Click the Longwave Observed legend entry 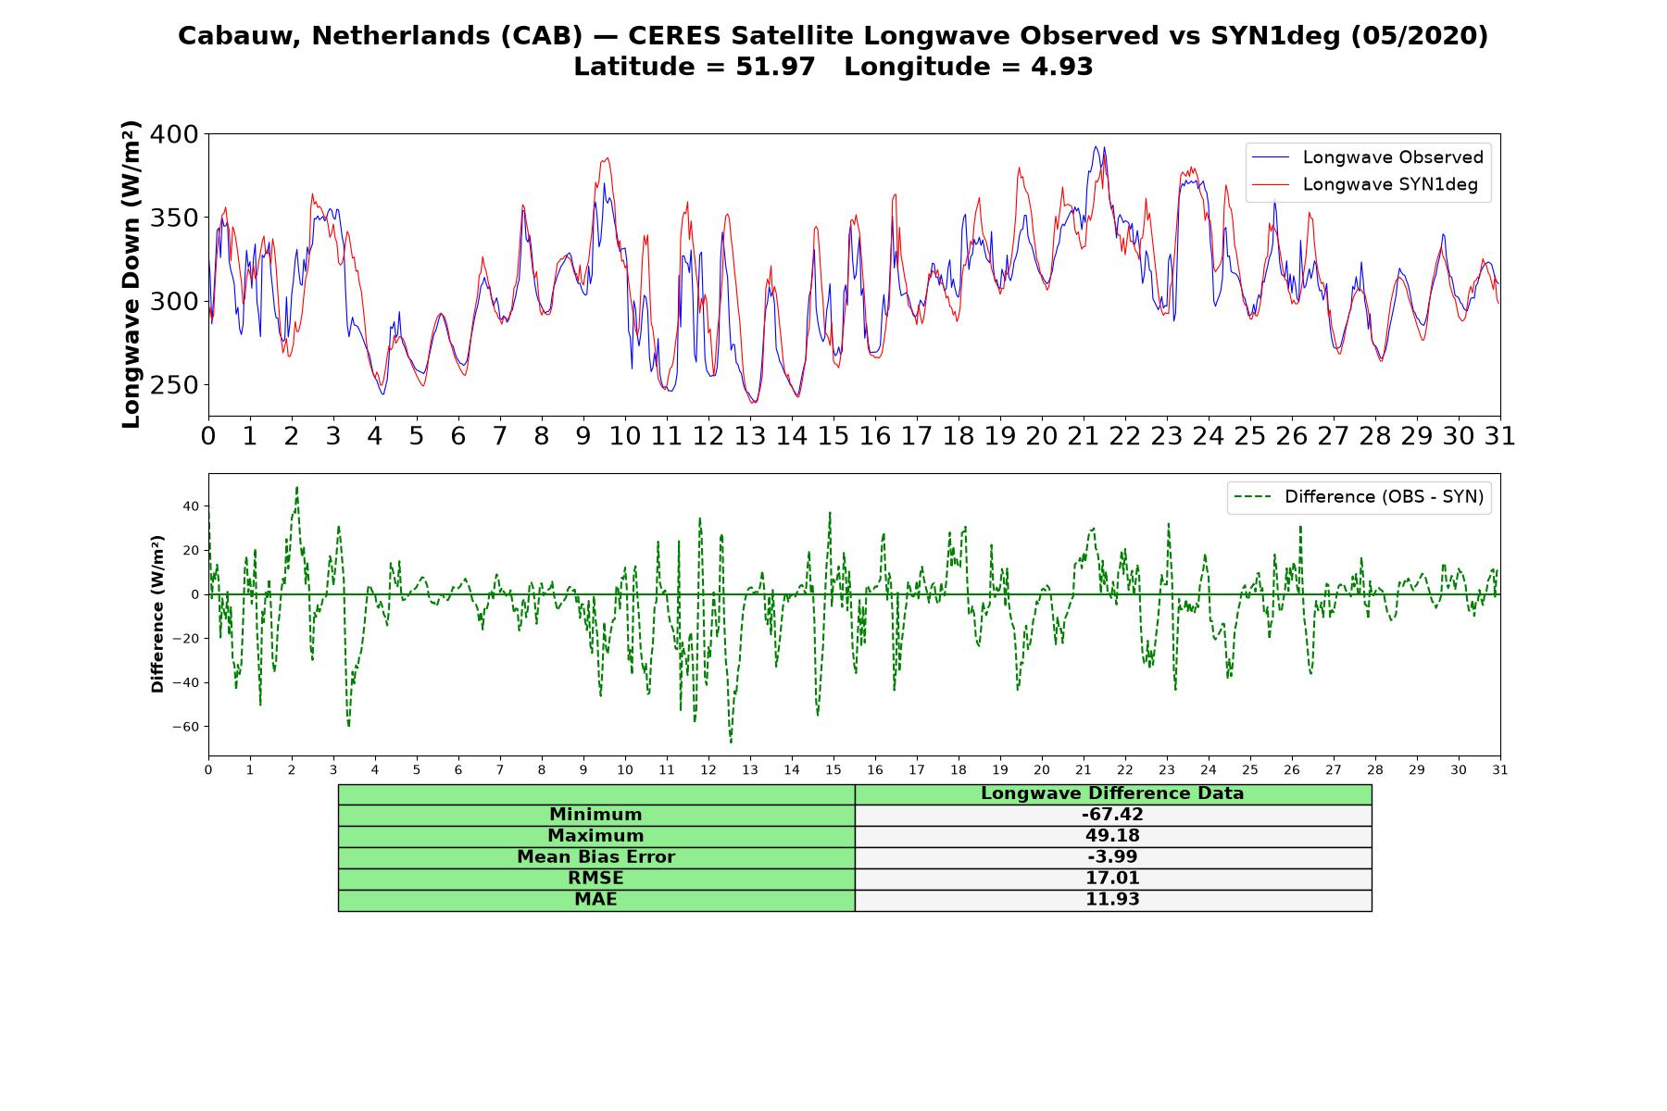[1367, 157]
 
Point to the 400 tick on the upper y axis [175, 135]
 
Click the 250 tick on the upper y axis [175, 385]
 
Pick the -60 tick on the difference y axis [185, 727]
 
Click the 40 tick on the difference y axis [191, 506]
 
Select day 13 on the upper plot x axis [750, 436]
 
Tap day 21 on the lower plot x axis [1084, 769]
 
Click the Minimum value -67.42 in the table [1112, 815]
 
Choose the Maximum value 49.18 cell [1112, 836]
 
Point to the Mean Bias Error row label [595, 857]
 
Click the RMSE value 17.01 [1112, 879]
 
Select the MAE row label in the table [595, 900]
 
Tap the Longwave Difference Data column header [1112, 793]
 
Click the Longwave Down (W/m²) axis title [131, 274]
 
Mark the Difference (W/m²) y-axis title [157, 614]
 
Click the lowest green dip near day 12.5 [731, 741]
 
